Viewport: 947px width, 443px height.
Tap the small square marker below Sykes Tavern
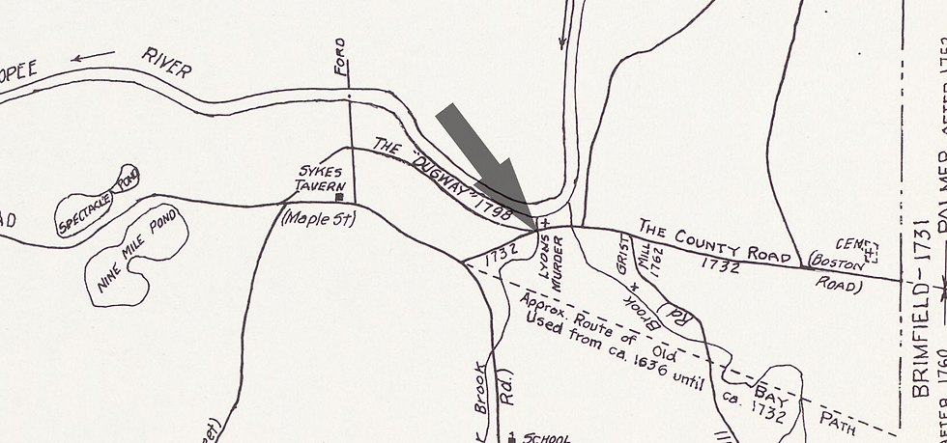click(339, 197)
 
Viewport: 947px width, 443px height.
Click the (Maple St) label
click(318, 219)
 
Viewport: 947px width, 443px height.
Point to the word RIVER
click(166, 61)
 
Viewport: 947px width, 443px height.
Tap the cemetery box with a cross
click(871, 252)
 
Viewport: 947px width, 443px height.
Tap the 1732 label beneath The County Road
click(721, 263)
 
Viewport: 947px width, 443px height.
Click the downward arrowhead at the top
click(560, 43)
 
